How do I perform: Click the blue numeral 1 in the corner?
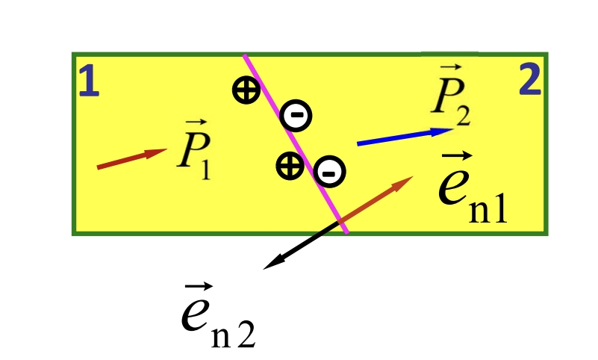[90, 81]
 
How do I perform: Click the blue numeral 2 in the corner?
[531, 79]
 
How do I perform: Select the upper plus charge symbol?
[246, 90]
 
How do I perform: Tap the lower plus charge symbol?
[290, 166]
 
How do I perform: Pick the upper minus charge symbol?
[296, 116]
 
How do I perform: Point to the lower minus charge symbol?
[329, 171]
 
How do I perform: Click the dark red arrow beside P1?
[132, 158]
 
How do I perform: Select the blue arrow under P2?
[405, 137]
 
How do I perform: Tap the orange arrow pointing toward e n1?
[376, 199]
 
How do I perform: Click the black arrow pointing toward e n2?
[301, 246]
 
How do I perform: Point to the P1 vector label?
[194, 149]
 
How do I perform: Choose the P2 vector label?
[451, 96]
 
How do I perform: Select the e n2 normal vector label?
[218, 315]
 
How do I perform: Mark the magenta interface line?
[296, 143]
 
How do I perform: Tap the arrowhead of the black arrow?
[272, 264]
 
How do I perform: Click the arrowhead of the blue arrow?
[443, 131]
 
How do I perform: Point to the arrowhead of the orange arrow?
[404, 182]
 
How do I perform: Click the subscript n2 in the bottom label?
[233, 334]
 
